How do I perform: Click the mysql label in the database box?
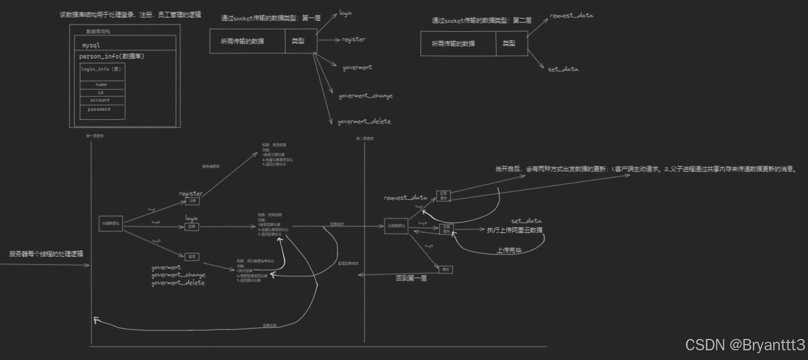point(91,45)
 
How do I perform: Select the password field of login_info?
point(99,109)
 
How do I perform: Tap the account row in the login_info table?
point(100,100)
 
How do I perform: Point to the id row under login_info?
point(101,92)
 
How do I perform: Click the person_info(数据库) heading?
point(111,57)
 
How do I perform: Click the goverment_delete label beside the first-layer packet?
point(364,122)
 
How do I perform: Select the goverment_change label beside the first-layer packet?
point(365,96)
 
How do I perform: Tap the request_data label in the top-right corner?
point(571,15)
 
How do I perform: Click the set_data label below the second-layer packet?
point(563,69)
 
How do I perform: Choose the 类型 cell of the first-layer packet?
point(298,41)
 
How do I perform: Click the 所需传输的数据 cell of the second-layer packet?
point(453,44)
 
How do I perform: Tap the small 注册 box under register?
point(192,201)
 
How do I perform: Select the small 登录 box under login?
point(192,227)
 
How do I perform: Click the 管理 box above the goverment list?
point(192,257)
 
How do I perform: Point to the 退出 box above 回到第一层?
point(445,269)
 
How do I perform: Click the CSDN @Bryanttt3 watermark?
point(744,345)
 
